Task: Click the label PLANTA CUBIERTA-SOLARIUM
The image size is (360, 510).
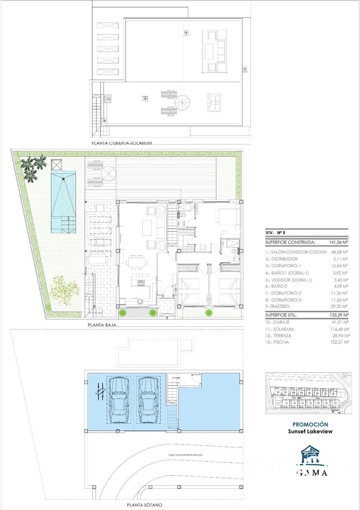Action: pyautogui.click(x=122, y=144)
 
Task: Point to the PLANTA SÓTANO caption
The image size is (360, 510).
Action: pyautogui.click(x=144, y=505)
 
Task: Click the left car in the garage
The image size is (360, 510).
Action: pyautogui.click(x=119, y=400)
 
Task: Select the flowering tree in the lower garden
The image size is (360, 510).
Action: pyautogui.click(x=64, y=291)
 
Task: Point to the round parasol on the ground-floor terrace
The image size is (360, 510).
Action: pyautogui.click(x=108, y=173)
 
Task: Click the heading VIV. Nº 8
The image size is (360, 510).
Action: pyautogui.click(x=275, y=233)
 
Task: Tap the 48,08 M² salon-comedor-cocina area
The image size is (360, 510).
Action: pyautogui.click(x=339, y=252)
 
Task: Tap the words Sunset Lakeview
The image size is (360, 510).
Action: pyautogui.click(x=310, y=431)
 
